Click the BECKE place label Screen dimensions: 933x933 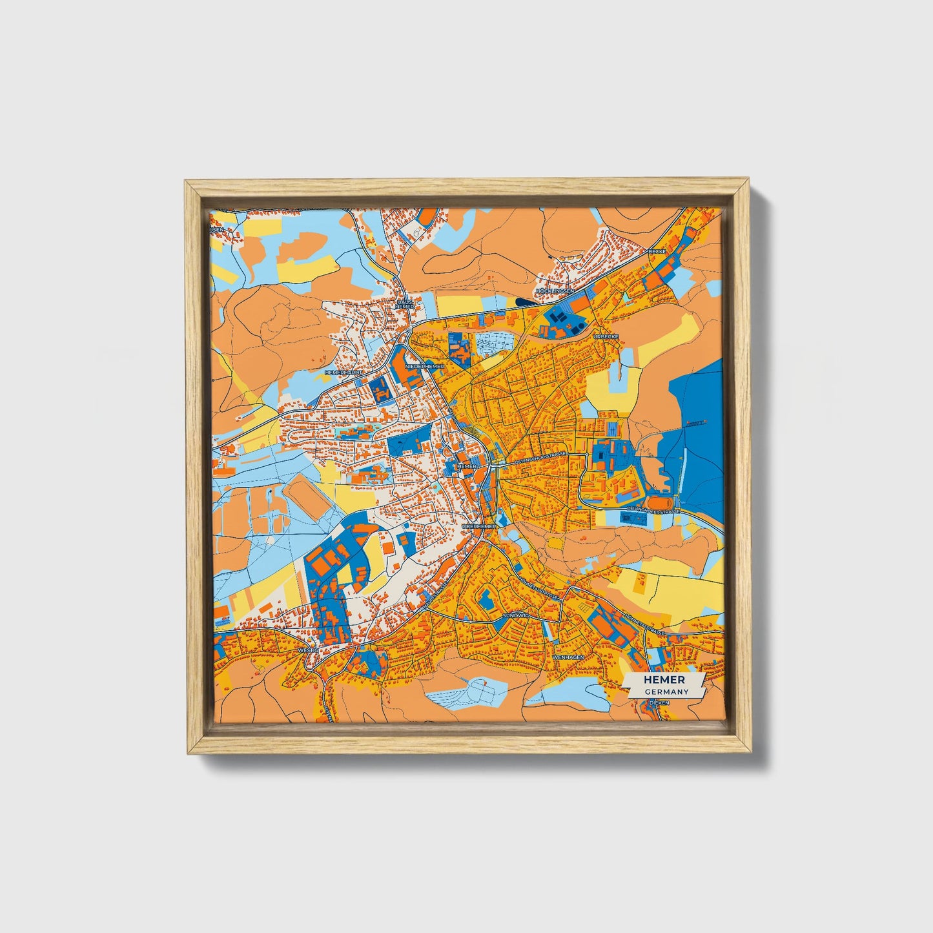(657, 251)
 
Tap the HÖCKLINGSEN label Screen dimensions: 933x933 (555, 291)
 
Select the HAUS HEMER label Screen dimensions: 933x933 (405, 303)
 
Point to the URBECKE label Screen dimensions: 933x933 (607, 336)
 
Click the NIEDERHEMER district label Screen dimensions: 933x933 (424, 366)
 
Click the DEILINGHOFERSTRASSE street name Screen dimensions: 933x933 (652, 511)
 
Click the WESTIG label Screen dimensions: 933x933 (309, 650)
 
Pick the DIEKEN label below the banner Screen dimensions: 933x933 (658, 701)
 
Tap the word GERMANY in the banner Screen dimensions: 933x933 (666, 692)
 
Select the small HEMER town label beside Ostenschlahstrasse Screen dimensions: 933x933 (466, 466)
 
